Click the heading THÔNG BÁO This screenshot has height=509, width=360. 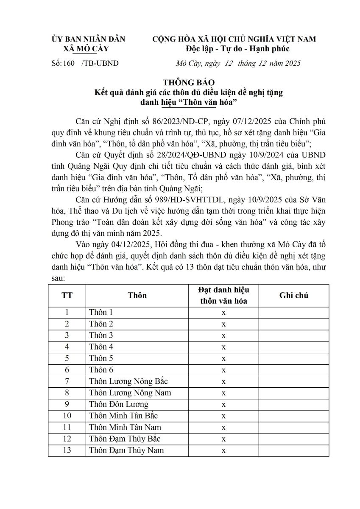(184, 81)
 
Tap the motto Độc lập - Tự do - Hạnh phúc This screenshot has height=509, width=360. (234, 49)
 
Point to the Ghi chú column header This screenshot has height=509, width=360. (293, 296)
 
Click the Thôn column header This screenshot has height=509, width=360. (137, 296)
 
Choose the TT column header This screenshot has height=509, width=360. (67, 296)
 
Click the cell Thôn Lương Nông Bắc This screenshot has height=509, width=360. (128, 381)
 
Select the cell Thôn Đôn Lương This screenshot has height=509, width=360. (119, 404)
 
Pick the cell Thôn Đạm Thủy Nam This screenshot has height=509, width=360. (126, 450)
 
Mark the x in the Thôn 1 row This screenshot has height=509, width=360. (223, 313)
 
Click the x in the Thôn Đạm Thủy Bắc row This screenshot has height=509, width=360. (223, 439)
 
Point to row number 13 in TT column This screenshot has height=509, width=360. (67, 450)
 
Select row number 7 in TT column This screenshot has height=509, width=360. (67, 381)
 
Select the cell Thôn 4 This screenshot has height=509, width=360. (101, 347)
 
